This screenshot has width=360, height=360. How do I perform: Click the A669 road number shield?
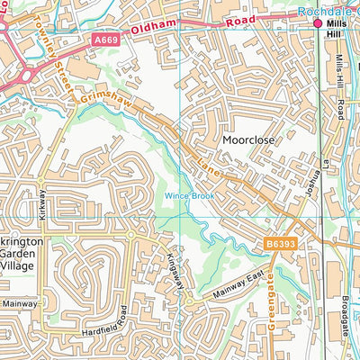(105, 40)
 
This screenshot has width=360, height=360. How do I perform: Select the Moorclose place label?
(249, 141)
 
